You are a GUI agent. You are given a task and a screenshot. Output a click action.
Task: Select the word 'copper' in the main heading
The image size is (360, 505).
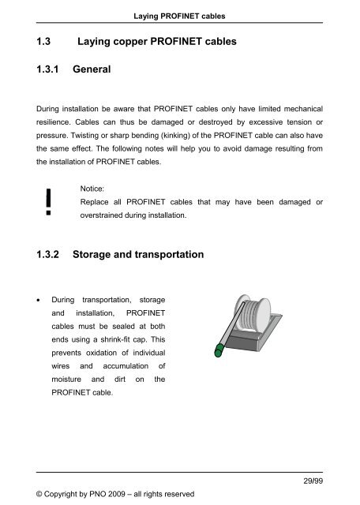(x=145, y=45)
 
